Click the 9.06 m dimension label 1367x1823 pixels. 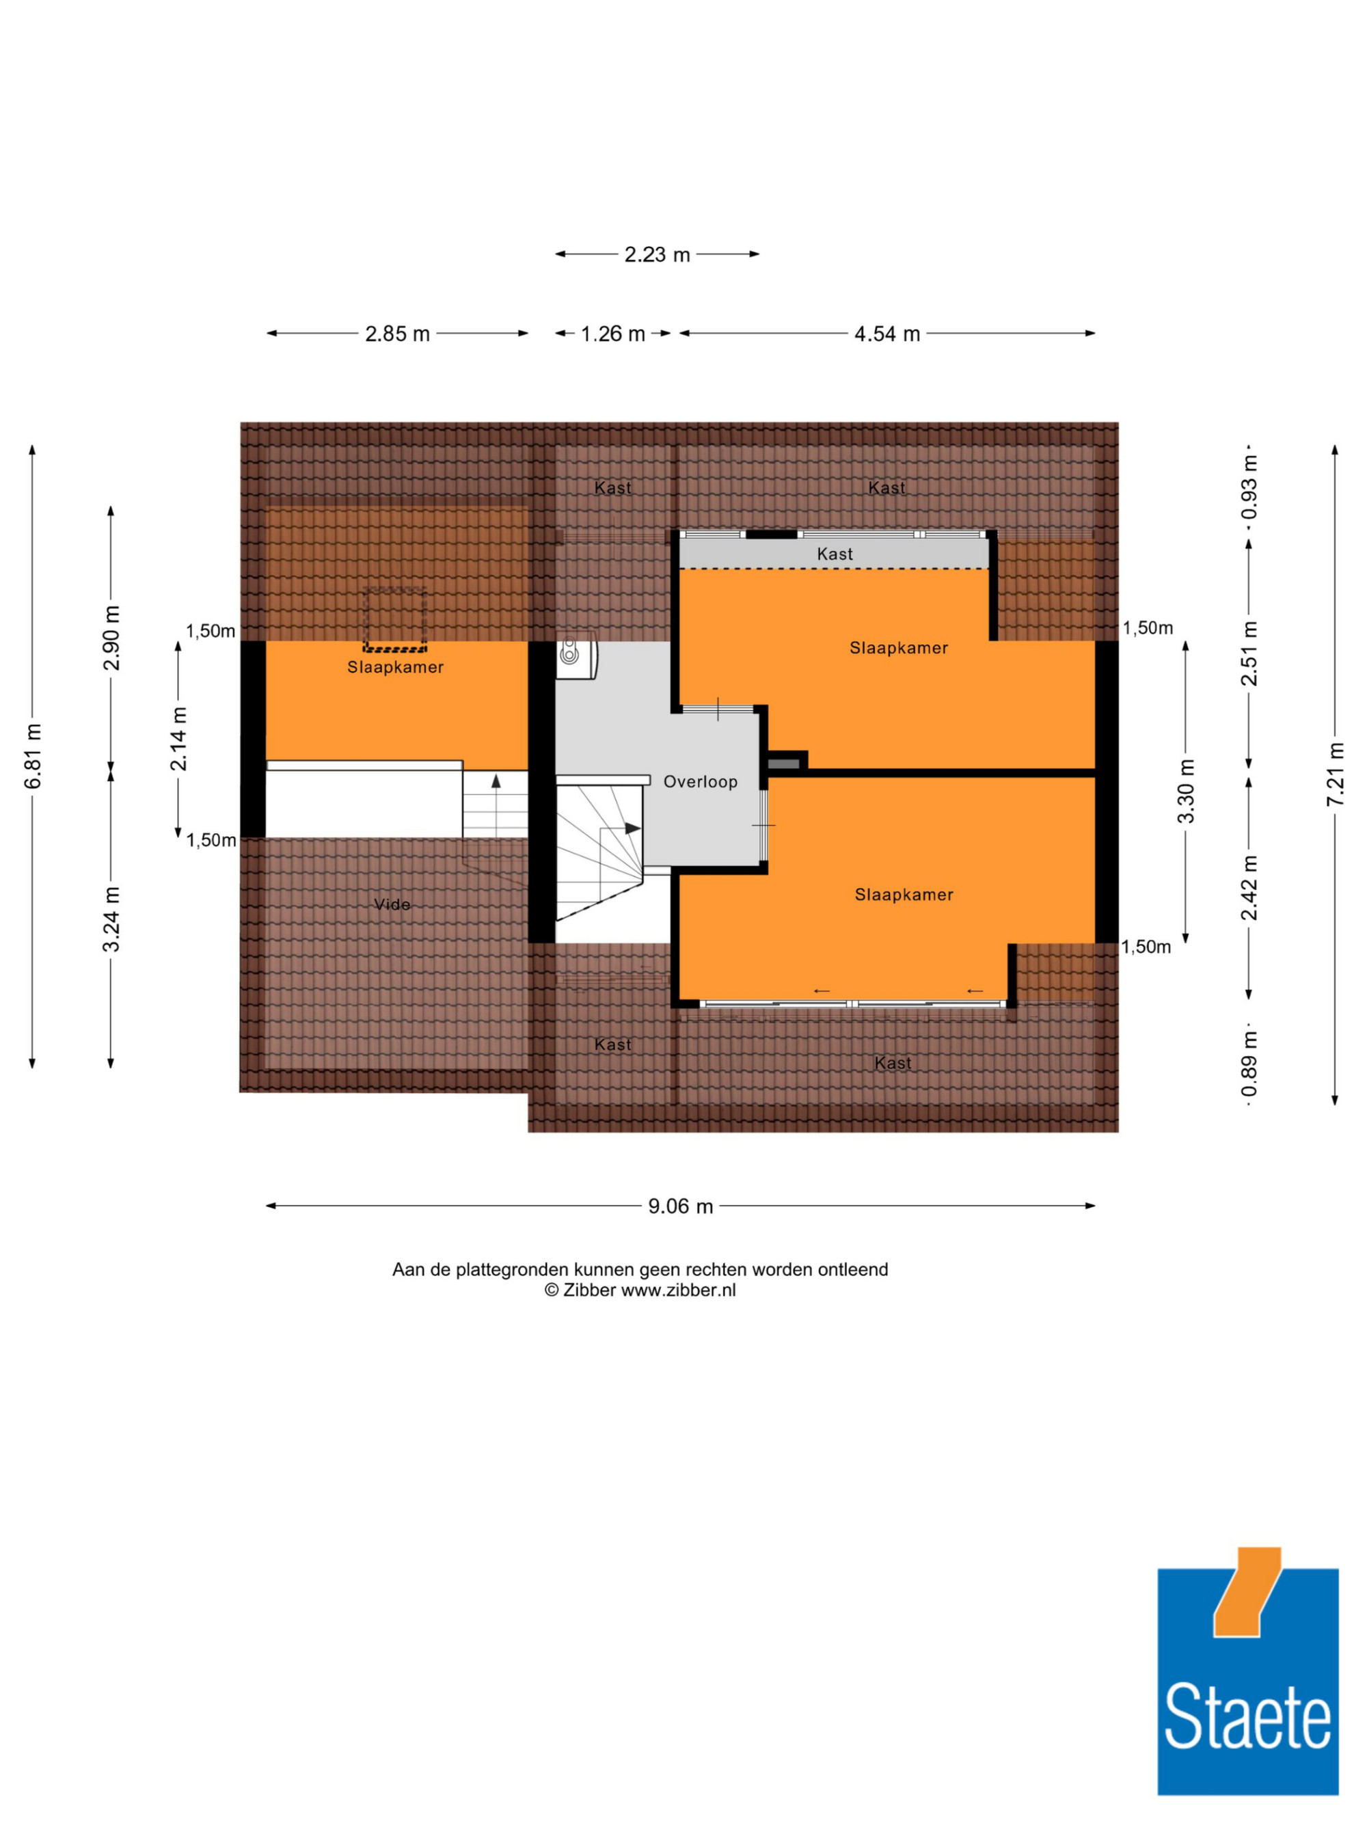(680, 1206)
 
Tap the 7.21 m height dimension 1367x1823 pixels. (1336, 774)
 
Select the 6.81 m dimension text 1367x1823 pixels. (33, 757)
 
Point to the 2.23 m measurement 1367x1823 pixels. (657, 255)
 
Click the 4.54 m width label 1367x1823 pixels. (886, 334)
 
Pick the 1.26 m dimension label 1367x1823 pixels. (612, 334)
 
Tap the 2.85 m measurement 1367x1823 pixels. (397, 334)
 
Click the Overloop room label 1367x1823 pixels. (701, 781)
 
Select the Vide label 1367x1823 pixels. (392, 904)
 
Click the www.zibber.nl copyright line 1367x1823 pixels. (640, 1291)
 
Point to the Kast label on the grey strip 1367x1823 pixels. (835, 554)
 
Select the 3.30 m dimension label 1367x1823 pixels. (1186, 791)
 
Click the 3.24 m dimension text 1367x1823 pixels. (111, 919)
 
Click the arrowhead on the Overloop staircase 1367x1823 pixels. (633, 828)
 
